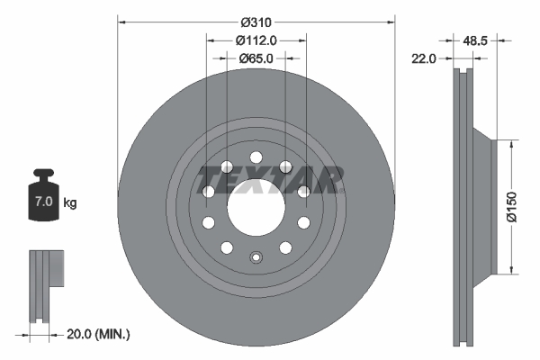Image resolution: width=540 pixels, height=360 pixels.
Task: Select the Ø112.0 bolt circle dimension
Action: click(256, 40)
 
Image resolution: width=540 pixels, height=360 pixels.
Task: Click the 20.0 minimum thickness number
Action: click(81, 334)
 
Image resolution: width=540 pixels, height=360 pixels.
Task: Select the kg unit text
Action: click(69, 203)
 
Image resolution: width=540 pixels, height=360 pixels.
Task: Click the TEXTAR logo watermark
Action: click(270, 180)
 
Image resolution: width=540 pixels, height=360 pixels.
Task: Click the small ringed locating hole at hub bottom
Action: click(256, 256)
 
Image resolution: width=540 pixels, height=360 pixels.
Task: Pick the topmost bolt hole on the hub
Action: click(256, 157)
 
